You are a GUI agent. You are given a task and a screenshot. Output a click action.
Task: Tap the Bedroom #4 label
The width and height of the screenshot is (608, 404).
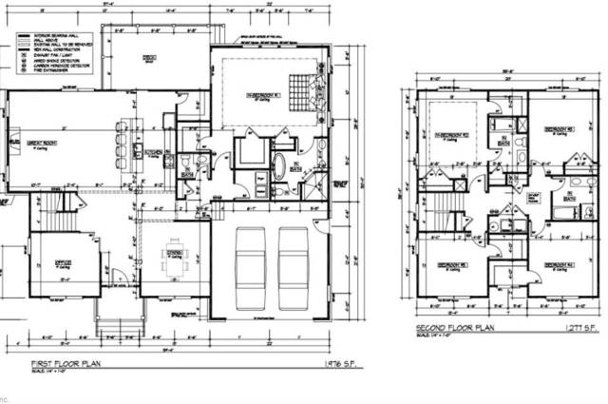[x=560, y=263]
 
